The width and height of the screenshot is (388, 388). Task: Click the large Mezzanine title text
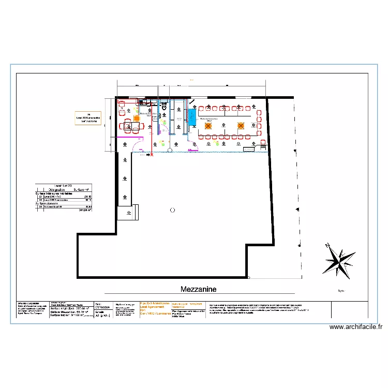(x=199, y=289)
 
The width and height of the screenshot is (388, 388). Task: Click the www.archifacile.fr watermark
(x=356, y=327)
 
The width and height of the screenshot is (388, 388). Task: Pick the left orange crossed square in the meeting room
(x=207, y=126)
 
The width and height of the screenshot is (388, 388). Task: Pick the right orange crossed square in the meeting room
(x=241, y=126)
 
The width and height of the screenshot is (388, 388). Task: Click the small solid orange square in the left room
(x=136, y=118)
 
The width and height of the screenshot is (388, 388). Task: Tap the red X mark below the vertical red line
(x=152, y=154)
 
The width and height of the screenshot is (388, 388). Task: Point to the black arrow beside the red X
(x=146, y=154)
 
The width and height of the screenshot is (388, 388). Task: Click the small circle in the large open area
(x=172, y=210)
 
